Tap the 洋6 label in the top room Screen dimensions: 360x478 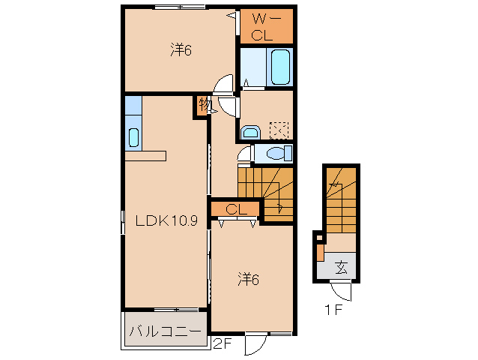[181, 50]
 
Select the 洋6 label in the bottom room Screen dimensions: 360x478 [249, 280]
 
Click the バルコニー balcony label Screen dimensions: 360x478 [166, 331]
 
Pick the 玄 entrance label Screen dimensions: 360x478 [341, 265]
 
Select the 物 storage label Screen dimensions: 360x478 [204, 104]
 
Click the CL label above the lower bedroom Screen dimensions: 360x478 [236, 209]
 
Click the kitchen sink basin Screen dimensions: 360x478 [133, 137]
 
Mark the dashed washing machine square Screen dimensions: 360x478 [279, 130]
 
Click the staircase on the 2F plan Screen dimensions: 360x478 [266, 192]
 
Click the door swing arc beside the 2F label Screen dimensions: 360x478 [255, 343]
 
